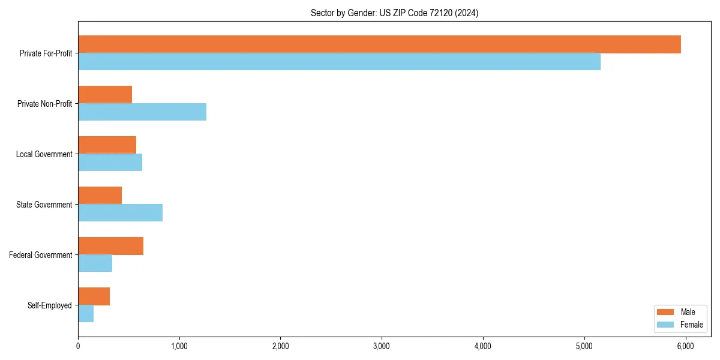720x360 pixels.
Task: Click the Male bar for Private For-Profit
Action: pos(379,44)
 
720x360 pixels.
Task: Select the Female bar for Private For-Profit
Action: pos(339,62)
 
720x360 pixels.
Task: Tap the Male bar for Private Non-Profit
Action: pos(105,95)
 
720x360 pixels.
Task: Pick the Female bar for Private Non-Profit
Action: pos(142,112)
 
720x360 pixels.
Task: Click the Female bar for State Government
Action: pos(120,213)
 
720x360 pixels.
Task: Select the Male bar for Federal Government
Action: pos(110,246)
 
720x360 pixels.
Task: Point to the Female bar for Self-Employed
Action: pos(86,314)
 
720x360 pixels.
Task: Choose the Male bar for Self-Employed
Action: pos(94,296)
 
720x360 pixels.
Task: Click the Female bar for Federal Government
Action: pos(95,263)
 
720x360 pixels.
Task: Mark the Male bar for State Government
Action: pos(100,196)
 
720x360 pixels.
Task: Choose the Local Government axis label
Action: pos(44,154)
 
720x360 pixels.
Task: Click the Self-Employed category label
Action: pos(49,305)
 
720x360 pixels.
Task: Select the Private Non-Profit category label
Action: pos(44,104)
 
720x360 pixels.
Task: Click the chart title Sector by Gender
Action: pos(394,13)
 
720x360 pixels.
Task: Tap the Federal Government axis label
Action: pos(40,255)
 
